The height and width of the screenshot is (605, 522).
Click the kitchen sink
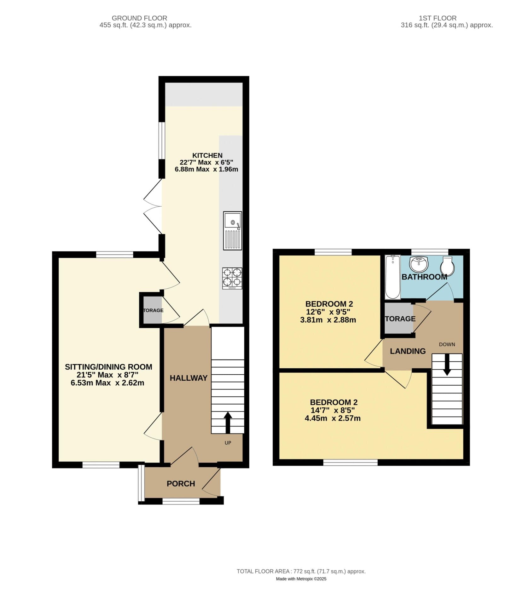pos(232,230)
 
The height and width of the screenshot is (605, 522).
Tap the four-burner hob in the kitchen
pos(232,278)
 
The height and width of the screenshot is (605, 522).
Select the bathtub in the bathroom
pos(392,277)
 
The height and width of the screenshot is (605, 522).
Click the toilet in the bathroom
pos(447,265)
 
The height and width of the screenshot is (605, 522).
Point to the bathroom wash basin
pos(419,264)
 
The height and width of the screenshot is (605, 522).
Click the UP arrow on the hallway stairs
pos(228,422)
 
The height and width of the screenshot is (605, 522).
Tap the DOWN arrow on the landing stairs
pos(447,364)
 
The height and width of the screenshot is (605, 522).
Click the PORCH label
pos(181,483)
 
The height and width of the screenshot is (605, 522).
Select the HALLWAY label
pos(188,378)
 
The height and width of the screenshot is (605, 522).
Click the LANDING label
pos(408,351)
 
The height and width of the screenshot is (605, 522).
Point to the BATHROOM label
pos(424,277)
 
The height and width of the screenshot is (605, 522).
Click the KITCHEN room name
pos(207,155)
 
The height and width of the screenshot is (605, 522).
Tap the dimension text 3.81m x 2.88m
pos(328,320)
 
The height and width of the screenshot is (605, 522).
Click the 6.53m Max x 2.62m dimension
pos(107,383)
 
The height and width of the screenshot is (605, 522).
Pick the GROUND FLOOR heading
pos(139,18)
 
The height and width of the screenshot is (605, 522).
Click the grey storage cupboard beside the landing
pos(398,319)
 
